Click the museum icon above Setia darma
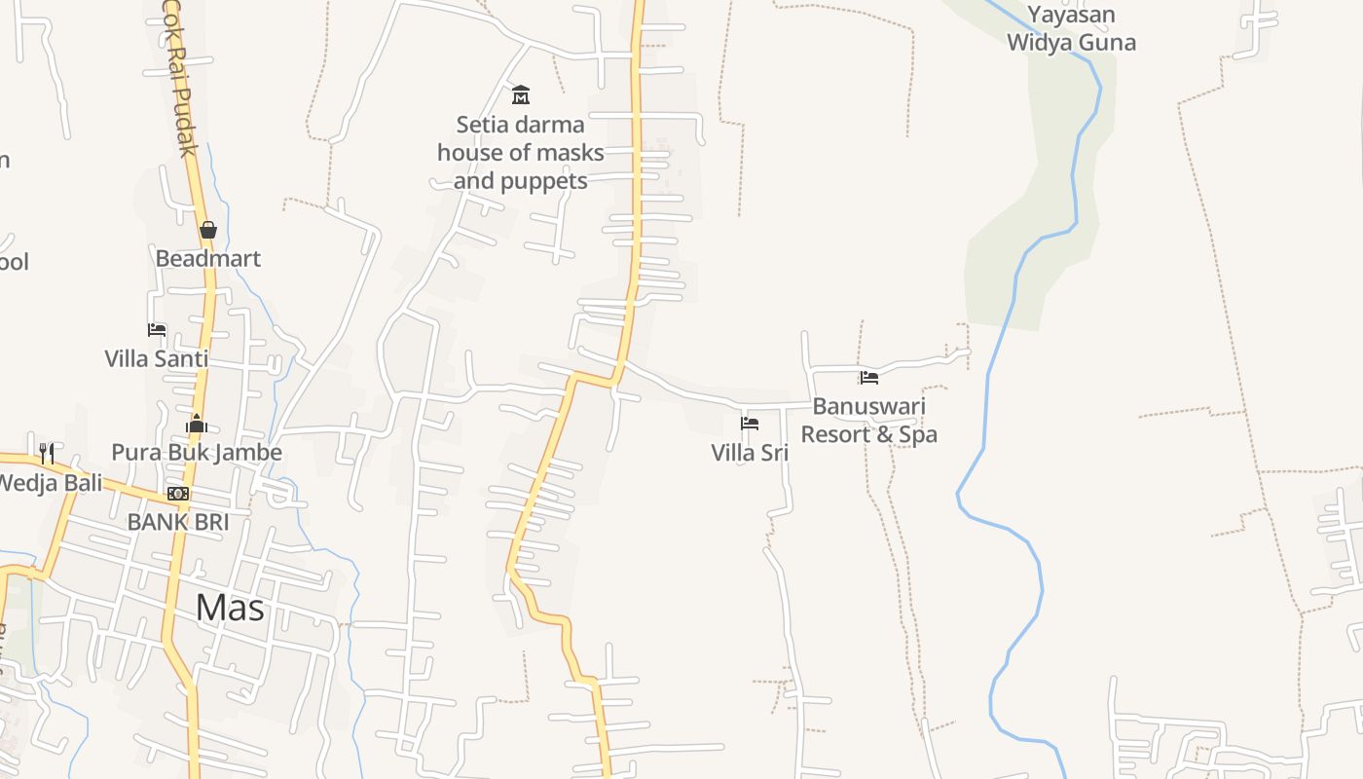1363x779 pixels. point(521,95)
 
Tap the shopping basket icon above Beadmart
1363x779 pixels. point(207,230)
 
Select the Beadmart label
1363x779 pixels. point(208,259)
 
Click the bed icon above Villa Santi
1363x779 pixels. point(157,330)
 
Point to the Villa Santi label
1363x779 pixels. point(157,358)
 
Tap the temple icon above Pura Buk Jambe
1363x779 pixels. point(197,424)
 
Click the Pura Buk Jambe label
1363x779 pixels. point(197,452)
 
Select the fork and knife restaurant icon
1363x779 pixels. point(47,453)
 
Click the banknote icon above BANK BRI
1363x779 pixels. point(178,494)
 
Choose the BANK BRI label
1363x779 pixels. point(178,522)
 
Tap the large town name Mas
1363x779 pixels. point(230,608)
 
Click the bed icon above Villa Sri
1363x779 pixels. point(750,424)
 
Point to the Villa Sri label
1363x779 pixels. point(750,453)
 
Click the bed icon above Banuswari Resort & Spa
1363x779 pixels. point(869,378)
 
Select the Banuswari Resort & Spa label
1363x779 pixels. point(869,420)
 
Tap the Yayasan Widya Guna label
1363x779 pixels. point(1071,28)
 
